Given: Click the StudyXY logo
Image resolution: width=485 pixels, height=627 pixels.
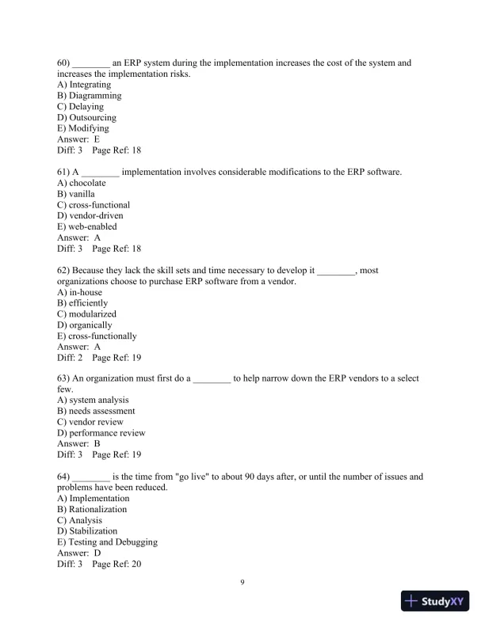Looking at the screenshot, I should [x=436, y=602].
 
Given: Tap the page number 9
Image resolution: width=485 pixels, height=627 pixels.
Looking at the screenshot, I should [x=242, y=583].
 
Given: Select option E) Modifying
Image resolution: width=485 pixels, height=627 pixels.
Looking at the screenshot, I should [x=83, y=128].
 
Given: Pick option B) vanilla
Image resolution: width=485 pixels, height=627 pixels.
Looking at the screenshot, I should [x=76, y=194].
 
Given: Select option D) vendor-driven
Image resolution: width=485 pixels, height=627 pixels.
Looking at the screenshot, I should [x=90, y=215].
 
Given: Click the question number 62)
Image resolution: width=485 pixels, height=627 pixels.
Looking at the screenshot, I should [x=64, y=270].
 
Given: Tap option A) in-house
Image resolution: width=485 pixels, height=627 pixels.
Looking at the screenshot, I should [x=80, y=292].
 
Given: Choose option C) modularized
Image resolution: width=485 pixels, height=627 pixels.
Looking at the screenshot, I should [x=87, y=314].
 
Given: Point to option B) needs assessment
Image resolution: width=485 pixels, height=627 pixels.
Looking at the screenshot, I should [x=96, y=412].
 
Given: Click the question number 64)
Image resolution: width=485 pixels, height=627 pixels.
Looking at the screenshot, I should [x=64, y=477].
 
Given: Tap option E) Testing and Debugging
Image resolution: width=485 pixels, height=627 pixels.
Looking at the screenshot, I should [x=107, y=542].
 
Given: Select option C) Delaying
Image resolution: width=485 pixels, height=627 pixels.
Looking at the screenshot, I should [x=80, y=106].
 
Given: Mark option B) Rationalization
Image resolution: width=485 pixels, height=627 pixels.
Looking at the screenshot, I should [x=92, y=510].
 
